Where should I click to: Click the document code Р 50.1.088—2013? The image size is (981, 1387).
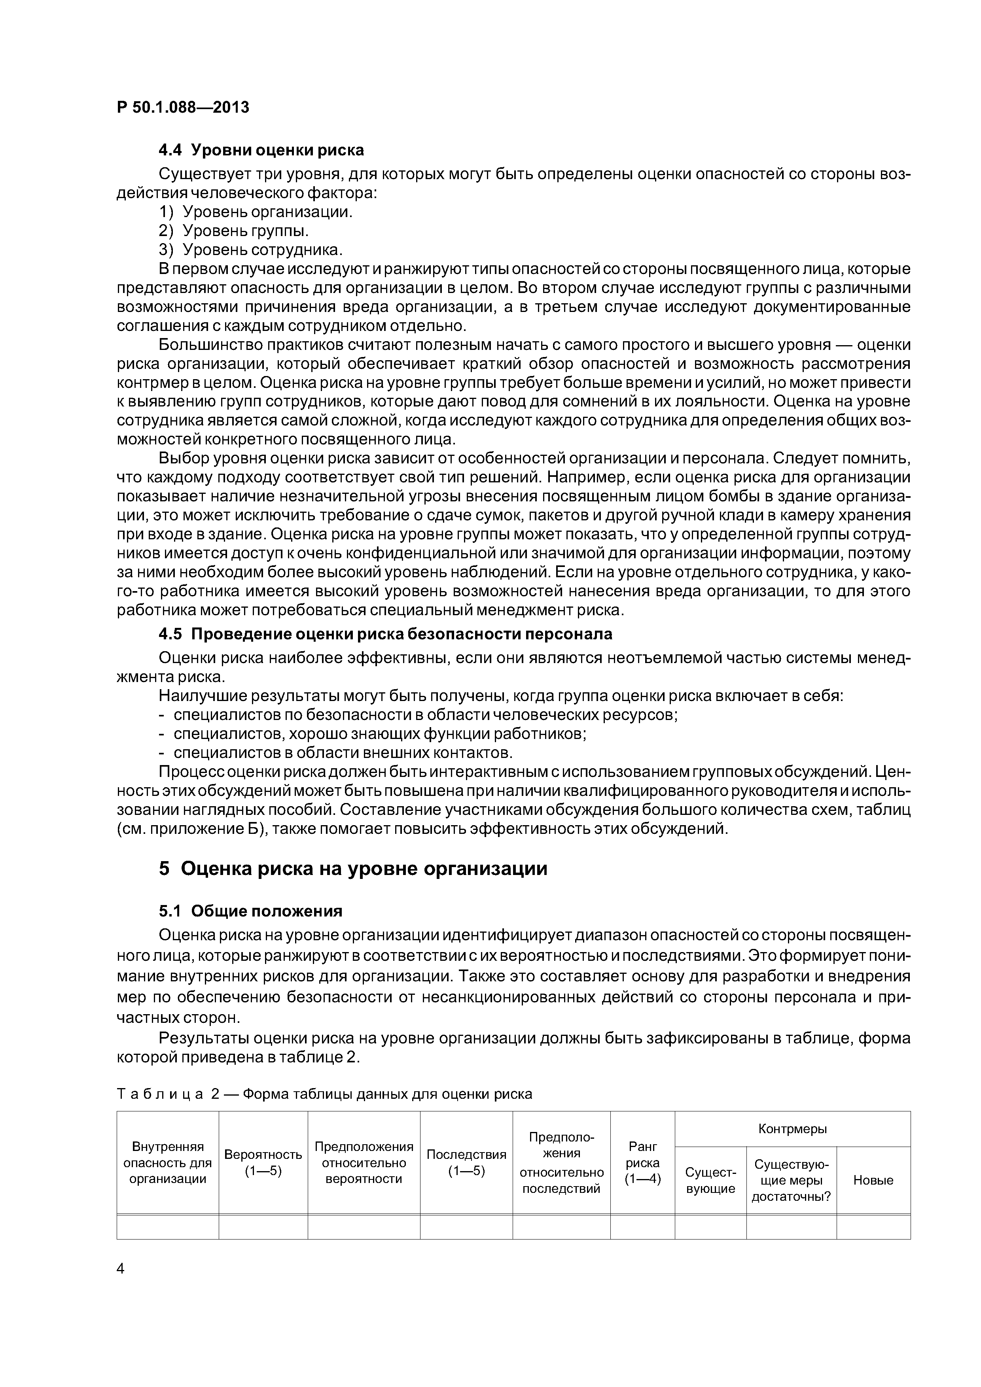[x=182, y=108]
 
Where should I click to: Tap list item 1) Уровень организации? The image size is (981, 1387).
[x=256, y=212]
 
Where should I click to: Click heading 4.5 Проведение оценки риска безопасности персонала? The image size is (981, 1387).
[x=385, y=634]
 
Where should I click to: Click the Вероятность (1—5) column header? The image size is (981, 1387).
[x=263, y=1163]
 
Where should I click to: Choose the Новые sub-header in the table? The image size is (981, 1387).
[x=873, y=1180]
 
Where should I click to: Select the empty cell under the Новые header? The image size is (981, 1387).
[x=873, y=1226]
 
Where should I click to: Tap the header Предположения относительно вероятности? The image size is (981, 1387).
[x=364, y=1163]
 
